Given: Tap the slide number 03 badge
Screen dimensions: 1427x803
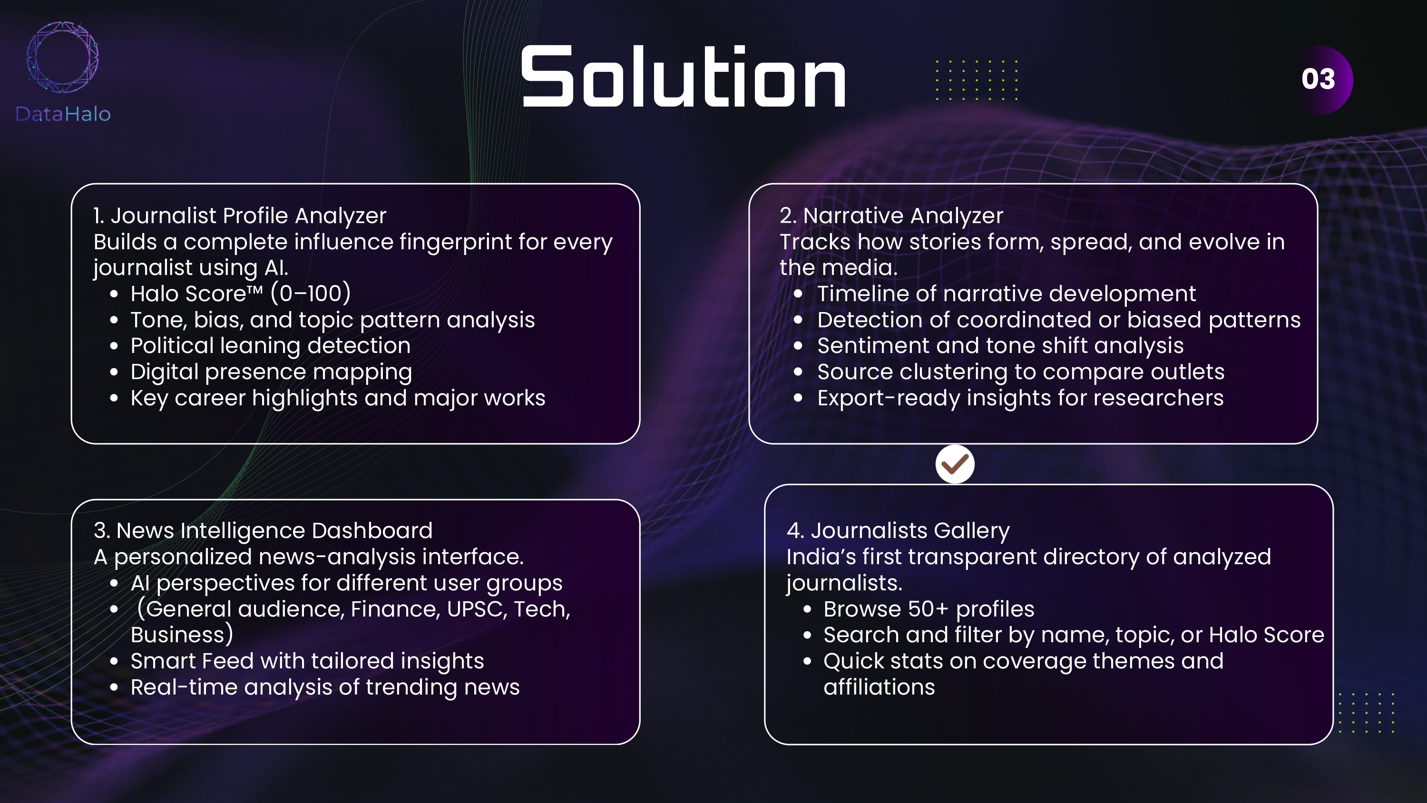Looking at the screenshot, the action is point(1319,79).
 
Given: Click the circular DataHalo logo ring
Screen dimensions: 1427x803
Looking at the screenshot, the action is point(63,57).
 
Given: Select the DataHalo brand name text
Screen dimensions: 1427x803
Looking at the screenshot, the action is point(63,114).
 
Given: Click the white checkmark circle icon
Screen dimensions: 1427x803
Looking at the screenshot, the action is point(955,464).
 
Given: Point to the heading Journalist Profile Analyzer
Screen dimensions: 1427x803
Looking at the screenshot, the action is point(239,215).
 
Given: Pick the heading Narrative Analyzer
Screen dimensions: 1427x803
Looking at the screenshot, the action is point(891,215).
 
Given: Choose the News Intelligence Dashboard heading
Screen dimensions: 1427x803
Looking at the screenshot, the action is point(263,530).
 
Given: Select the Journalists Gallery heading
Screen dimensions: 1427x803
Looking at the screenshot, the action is point(898,530).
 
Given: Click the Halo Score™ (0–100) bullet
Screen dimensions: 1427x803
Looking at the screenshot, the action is point(240,294).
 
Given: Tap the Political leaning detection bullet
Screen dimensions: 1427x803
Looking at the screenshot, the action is point(270,346).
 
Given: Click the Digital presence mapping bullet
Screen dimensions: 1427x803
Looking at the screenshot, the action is point(271,372).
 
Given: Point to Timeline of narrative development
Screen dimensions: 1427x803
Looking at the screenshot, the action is point(1006,294).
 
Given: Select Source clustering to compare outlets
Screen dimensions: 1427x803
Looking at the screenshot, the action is point(1020,372).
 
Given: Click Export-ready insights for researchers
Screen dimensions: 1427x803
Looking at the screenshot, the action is point(1020,398).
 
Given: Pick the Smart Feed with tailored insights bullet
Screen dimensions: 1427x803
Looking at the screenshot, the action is point(307,661).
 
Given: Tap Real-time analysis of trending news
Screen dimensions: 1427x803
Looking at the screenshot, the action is point(324,687).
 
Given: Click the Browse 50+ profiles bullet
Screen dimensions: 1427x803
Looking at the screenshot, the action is point(929,609).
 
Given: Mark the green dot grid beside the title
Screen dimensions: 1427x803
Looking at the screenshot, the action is point(977,80).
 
